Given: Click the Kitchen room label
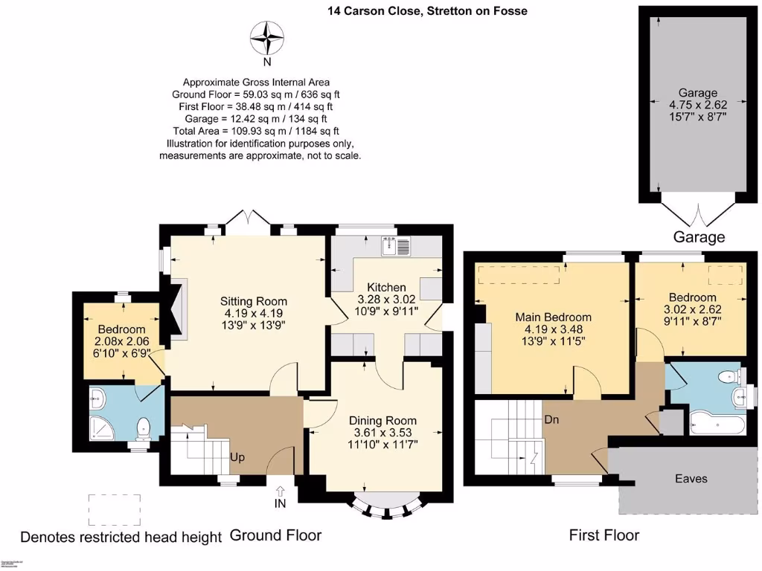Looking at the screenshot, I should click(387, 287).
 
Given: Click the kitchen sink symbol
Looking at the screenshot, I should click(396, 246).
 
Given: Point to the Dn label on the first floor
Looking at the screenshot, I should click(551, 419).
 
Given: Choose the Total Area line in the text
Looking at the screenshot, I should click(257, 131).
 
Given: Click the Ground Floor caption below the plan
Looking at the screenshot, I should click(275, 535).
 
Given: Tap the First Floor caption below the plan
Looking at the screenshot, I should click(603, 535).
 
